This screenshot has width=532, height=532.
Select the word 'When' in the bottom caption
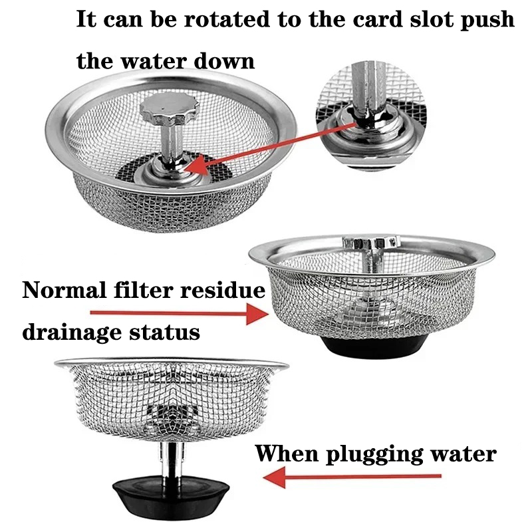point(287,454)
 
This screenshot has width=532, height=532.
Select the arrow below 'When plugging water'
point(352,477)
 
